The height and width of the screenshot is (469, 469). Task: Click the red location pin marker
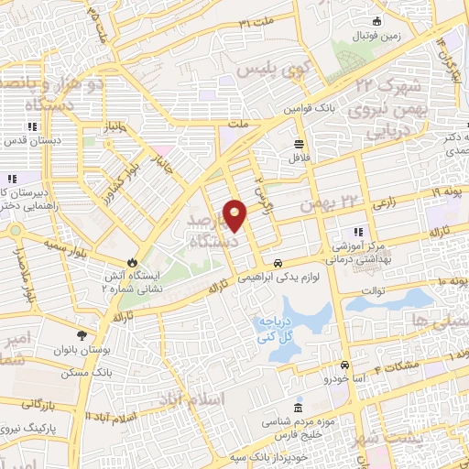pos(235,213)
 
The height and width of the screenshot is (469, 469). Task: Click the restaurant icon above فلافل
pos(299,144)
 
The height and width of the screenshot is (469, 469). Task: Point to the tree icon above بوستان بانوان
pos(82,335)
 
